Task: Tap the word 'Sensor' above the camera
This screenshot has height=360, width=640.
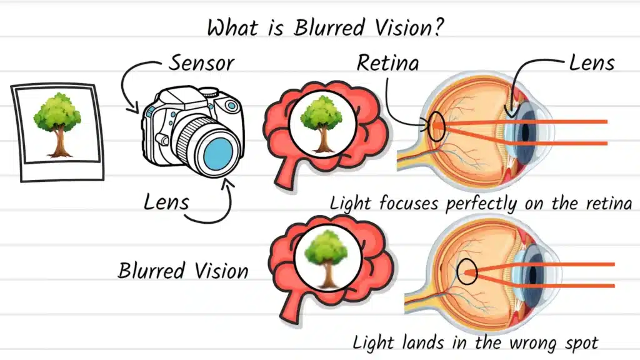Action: [201, 62]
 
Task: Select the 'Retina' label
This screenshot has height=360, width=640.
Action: [387, 62]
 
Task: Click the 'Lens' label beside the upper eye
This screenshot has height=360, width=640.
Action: [591, 62]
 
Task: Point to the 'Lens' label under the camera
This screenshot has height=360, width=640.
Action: [166, 202]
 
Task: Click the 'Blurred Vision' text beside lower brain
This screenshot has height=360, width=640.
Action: [182, 271]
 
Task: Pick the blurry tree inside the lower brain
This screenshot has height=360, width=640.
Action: [324, 257]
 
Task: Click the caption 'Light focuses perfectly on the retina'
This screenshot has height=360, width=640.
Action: [481, 203]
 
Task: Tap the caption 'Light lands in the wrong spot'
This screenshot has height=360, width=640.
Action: [475, 342]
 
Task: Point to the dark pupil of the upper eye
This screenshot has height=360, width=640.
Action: [524, 131]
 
